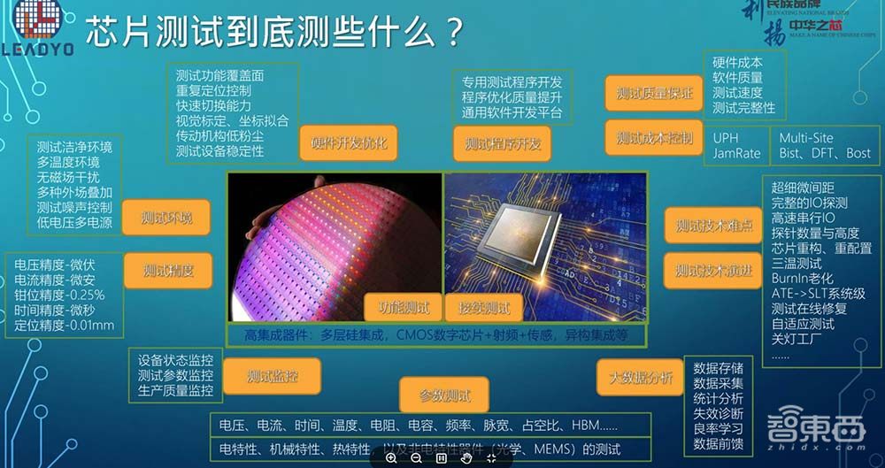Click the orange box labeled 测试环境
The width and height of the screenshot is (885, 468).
(x=166, y=218)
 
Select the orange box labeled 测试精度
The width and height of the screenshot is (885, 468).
(x=167, y=270)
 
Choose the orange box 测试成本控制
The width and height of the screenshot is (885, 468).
(x=655, y=138)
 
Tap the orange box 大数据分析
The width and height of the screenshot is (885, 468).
(x=641, y=379)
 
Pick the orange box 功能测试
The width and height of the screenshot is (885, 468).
(x=404, y=308)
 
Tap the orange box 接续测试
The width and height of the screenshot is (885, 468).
(x=483, y=308)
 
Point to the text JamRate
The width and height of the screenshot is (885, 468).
(x=736, y=153)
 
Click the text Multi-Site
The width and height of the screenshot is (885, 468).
(x=806, y=138)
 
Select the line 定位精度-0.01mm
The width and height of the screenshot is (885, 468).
(x=64, y=326)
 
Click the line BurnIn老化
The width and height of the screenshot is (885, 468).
(x=802, y=279)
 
